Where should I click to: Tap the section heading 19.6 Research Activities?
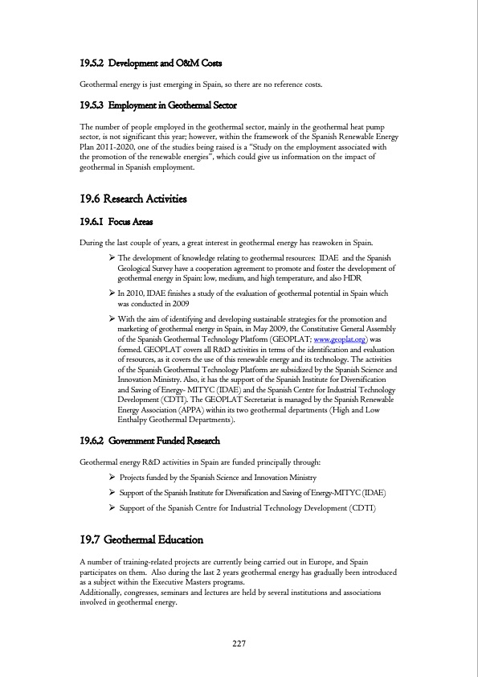133,199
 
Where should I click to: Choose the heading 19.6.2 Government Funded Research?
149,441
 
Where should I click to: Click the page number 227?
239,643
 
